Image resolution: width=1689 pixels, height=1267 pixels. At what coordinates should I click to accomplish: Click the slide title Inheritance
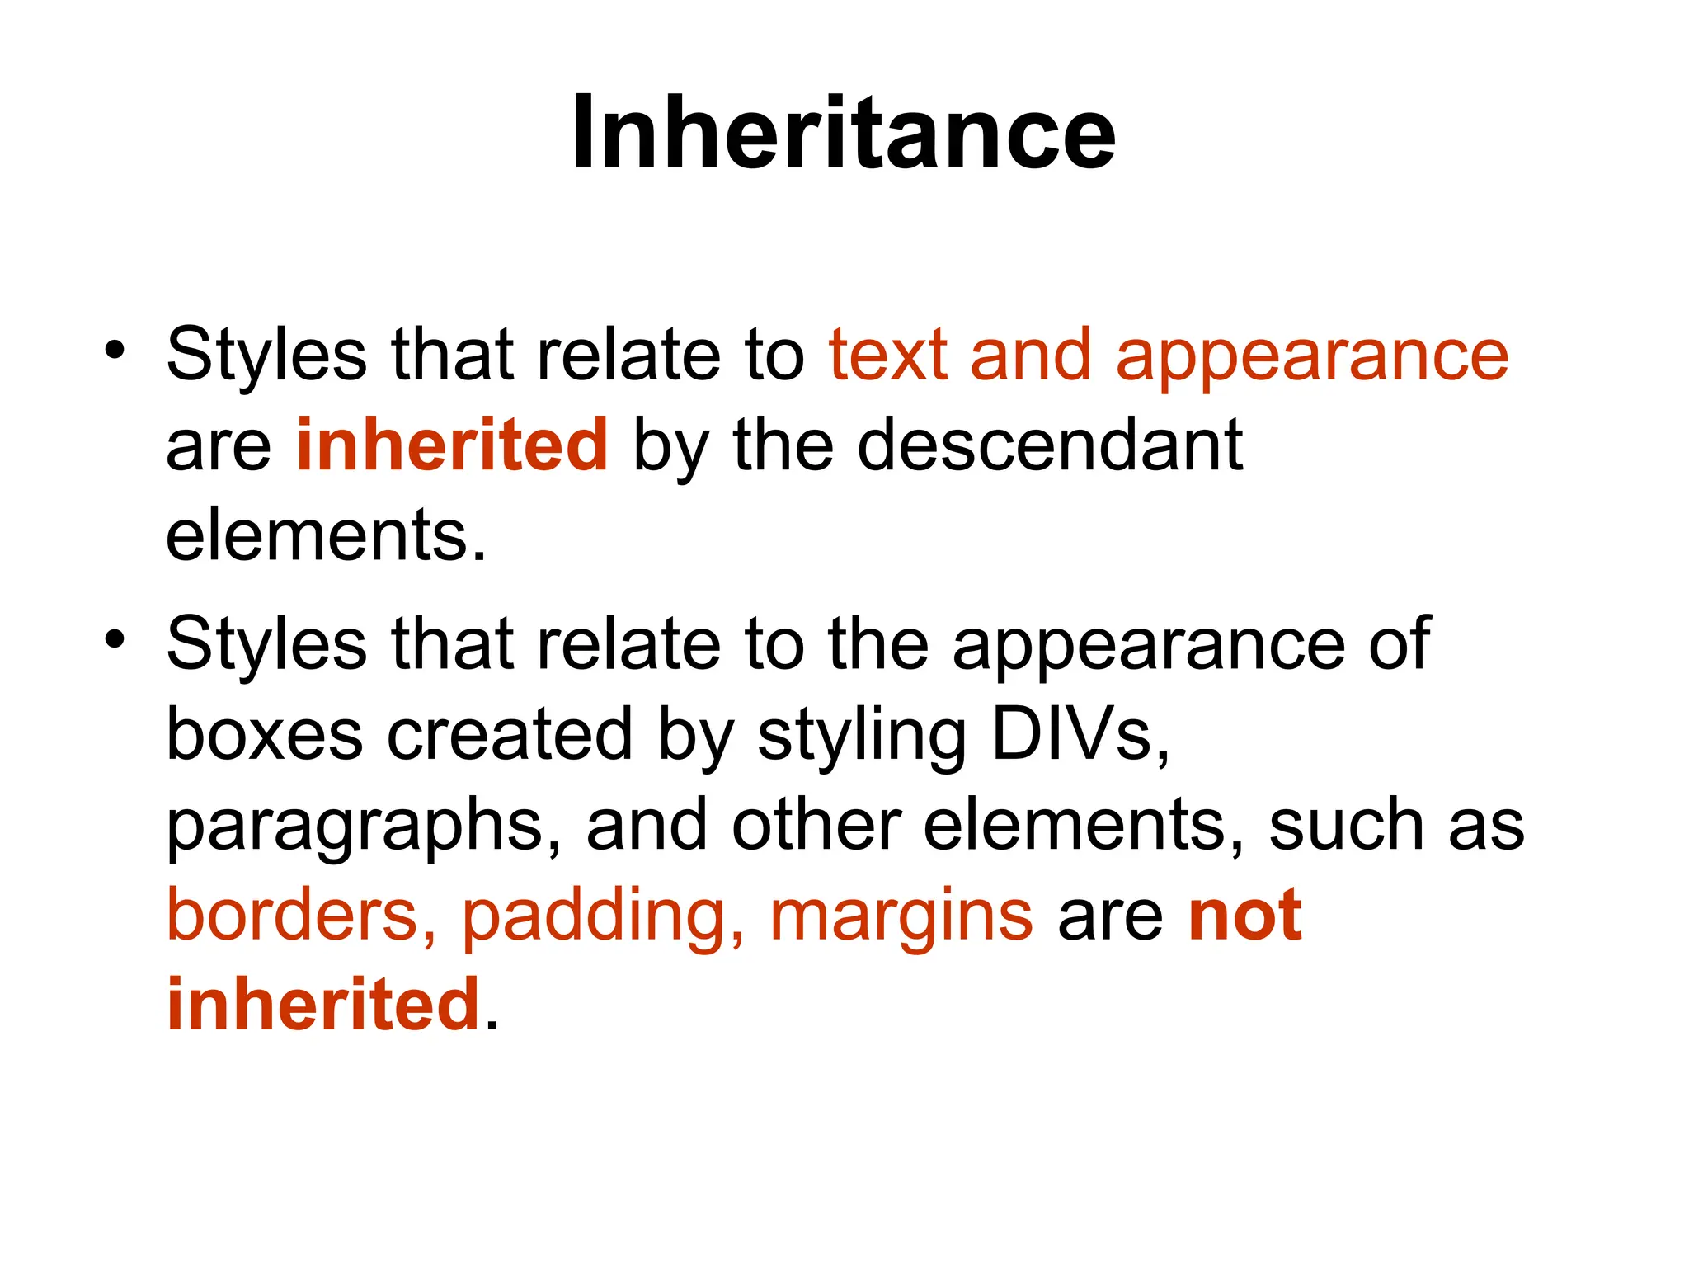[x=844, y=133]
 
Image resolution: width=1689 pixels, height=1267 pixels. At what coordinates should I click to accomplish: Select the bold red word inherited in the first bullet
[x=452, y=445]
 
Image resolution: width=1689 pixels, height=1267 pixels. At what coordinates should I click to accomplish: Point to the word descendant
[x=1049, y=445]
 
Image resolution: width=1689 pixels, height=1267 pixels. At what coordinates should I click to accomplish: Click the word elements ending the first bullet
[x=326, y=535]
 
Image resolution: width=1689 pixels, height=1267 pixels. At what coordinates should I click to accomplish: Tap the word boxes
[x=264, y=734]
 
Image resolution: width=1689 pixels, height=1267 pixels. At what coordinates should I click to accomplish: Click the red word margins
[x=901, y=917]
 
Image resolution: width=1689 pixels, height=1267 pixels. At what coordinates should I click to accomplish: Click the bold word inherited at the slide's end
[x=323, y=1005]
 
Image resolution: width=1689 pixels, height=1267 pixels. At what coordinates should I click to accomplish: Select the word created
[x=510, y=734]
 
